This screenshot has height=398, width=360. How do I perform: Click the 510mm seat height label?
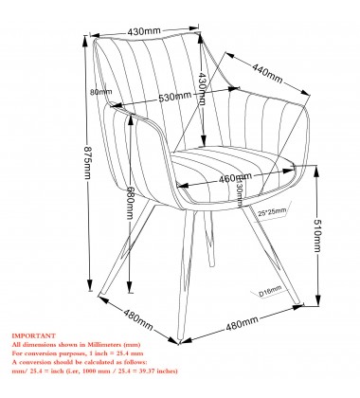click(327, 226)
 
